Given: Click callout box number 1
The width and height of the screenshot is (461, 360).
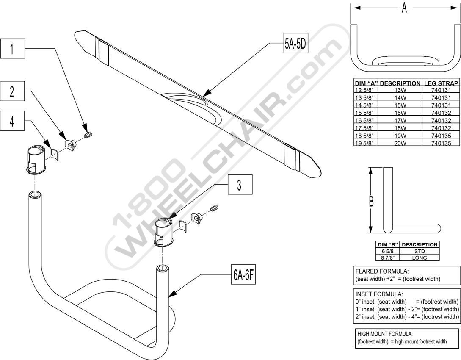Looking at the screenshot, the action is pos(12,49).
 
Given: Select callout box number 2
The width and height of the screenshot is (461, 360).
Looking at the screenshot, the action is pos(12,91).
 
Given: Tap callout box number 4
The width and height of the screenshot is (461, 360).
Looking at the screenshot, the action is pos(12,121).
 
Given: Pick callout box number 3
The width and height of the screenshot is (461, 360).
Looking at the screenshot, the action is pos(240,185).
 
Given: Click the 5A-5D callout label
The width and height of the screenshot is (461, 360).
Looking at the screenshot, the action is pos(295,44).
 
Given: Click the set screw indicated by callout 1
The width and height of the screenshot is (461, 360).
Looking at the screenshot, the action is pos(88,135).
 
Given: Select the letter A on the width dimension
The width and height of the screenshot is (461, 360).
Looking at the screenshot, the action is pos(404,8).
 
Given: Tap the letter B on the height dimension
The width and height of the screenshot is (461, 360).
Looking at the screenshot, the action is pos(371,202).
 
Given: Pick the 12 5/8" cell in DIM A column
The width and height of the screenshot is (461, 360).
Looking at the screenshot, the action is pos(366,90).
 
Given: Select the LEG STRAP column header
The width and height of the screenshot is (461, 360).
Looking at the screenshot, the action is pos(441,83).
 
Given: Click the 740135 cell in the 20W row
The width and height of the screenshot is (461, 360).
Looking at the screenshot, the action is pos(441,144).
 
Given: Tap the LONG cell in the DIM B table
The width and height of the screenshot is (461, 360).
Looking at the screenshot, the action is pos(420,258).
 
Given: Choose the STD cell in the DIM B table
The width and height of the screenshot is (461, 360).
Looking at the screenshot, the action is pos(420,251).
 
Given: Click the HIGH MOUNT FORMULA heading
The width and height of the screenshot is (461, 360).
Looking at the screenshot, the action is pos(385,334).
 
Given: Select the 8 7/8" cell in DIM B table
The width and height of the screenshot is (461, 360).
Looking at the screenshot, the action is pos(387,258).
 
